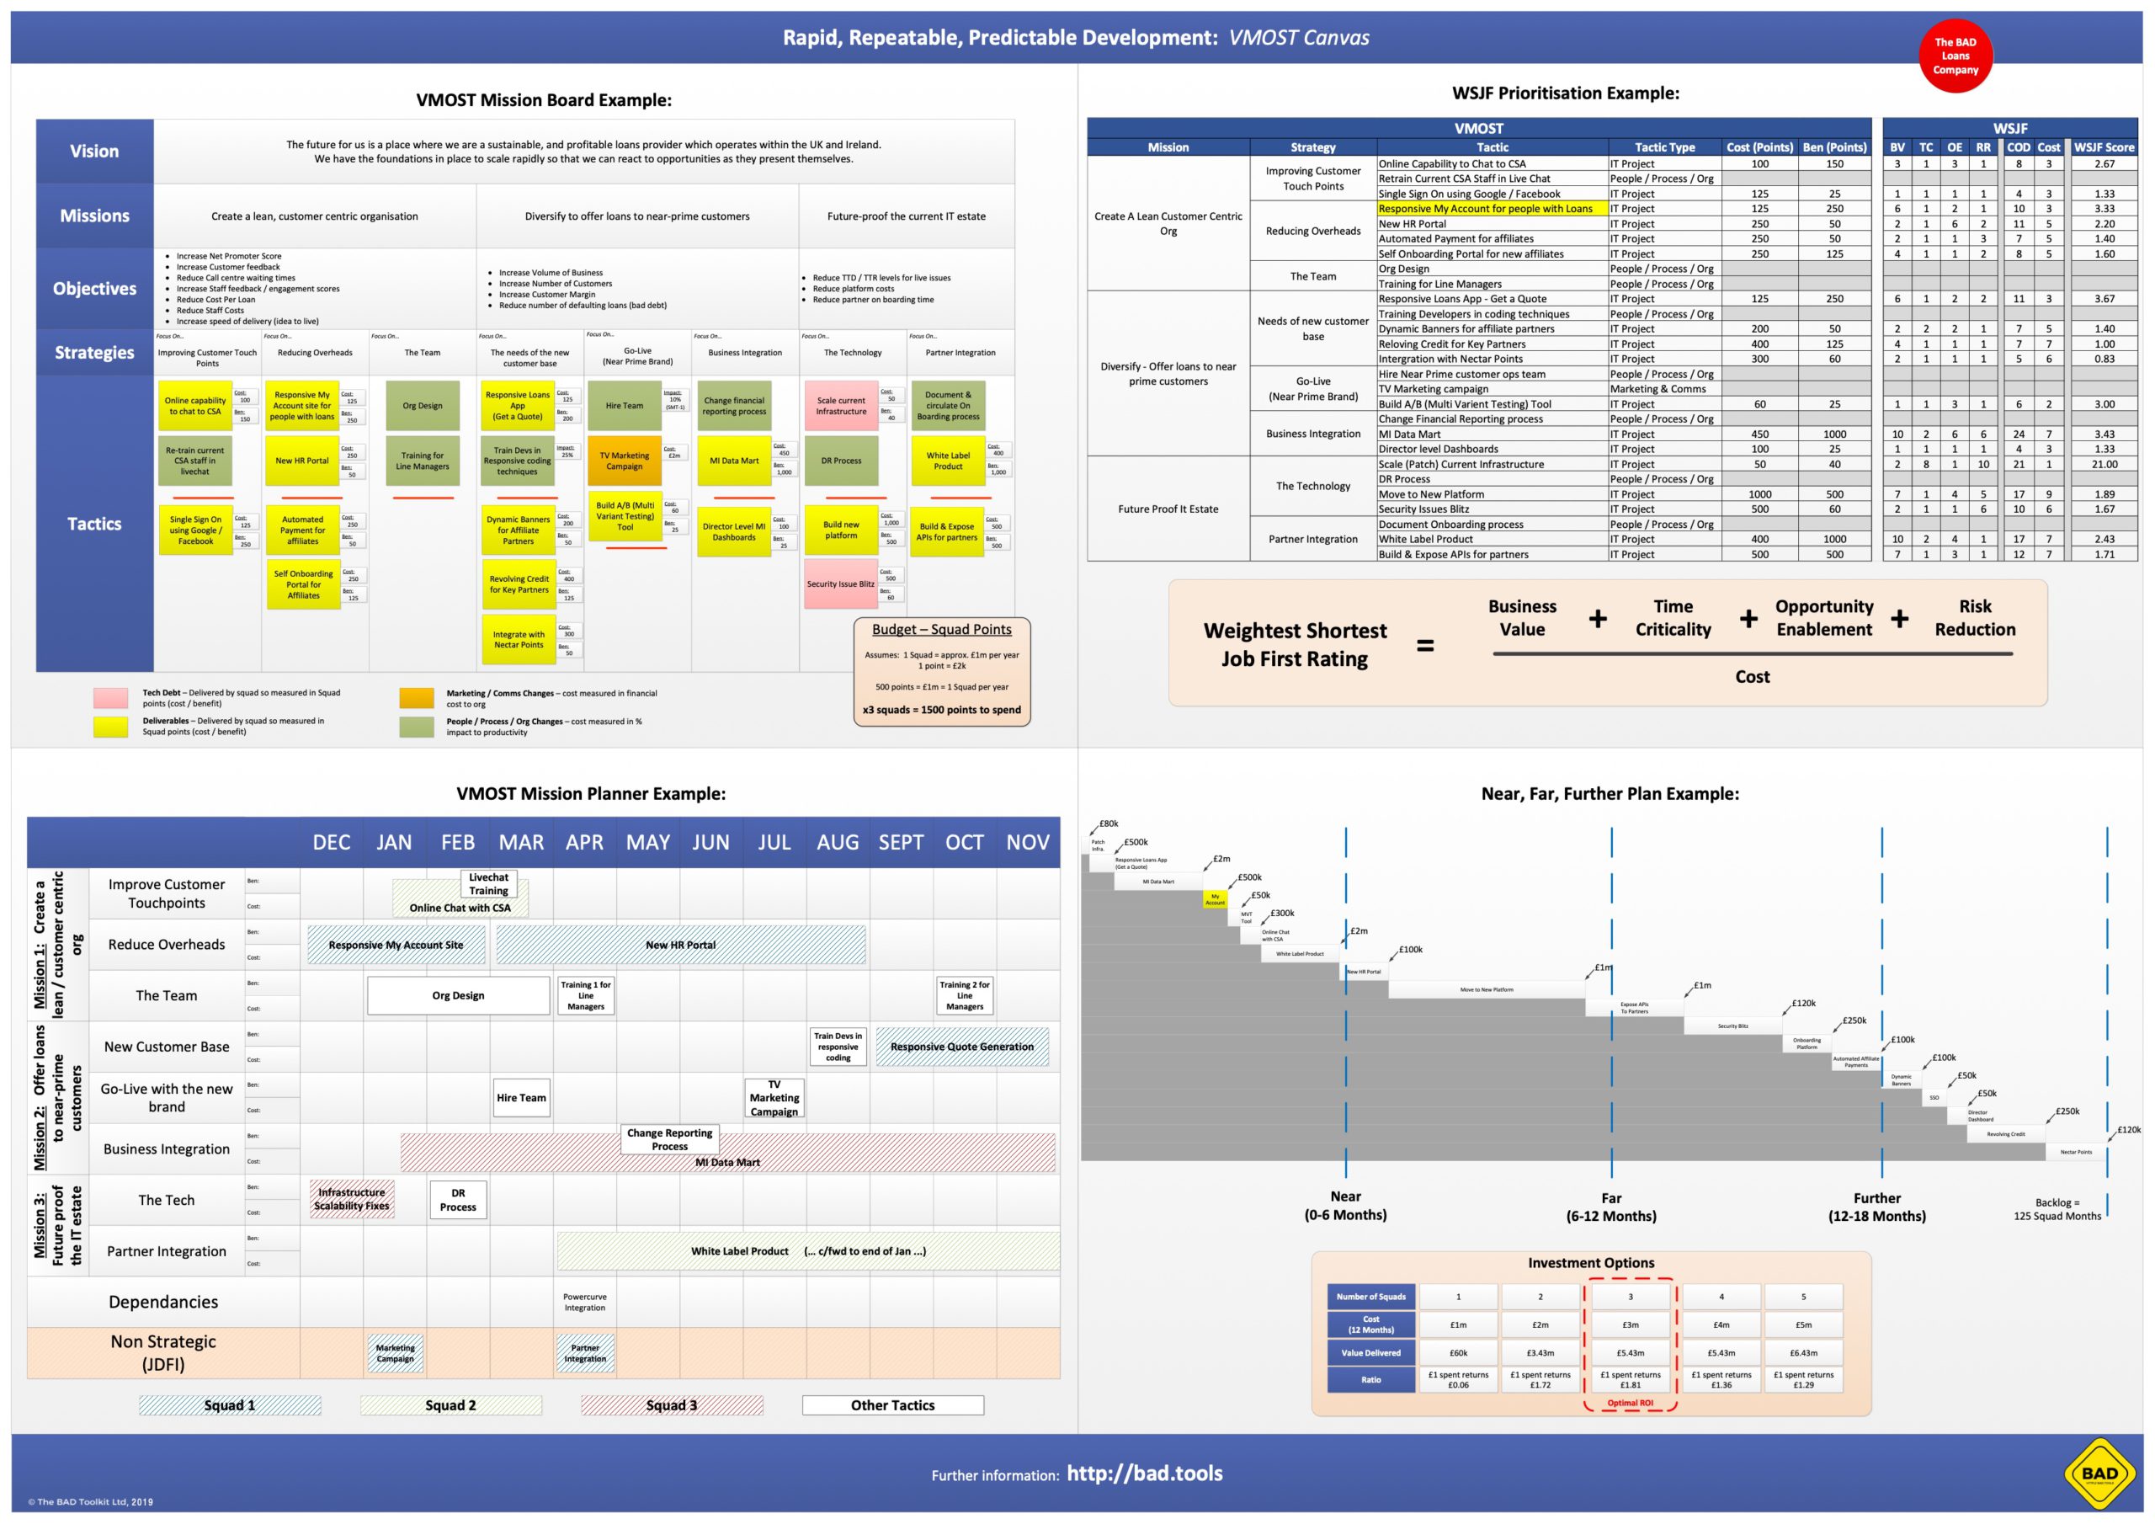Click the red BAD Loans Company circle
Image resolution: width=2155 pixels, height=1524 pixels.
pos(1955,56)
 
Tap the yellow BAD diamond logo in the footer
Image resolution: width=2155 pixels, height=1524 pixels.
pos(2099,1473)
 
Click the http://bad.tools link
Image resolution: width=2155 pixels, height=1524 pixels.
pos(1144,1473)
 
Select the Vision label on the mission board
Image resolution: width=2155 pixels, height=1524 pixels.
pos(93,152)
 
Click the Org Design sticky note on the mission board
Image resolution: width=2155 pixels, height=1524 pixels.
pos(423,406)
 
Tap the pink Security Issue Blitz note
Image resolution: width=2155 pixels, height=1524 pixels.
pos(840,584)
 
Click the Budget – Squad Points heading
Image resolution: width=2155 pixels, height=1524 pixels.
pos(941,629)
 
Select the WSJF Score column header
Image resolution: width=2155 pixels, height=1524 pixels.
pos(2104,147)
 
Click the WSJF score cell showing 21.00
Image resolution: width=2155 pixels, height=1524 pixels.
pos(2104,464)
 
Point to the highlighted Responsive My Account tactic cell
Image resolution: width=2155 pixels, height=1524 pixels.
pos(1492,209)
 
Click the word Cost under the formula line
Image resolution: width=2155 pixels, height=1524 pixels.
pos(1752,676)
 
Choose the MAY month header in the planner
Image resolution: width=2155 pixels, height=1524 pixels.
pos(647,842)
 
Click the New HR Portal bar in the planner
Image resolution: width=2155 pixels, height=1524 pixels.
pos(680,945)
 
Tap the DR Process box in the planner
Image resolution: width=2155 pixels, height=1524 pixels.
pos(458,1200)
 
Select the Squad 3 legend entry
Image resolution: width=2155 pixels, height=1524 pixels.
pos(671,1404)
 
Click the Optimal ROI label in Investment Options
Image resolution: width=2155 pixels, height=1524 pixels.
pos(1630,1403)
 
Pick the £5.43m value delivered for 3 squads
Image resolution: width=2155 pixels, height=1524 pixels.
pos(1630,1353)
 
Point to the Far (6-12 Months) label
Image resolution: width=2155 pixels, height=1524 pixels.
pos(1610,1207)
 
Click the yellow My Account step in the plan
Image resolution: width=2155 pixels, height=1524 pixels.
pos(1215,898)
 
